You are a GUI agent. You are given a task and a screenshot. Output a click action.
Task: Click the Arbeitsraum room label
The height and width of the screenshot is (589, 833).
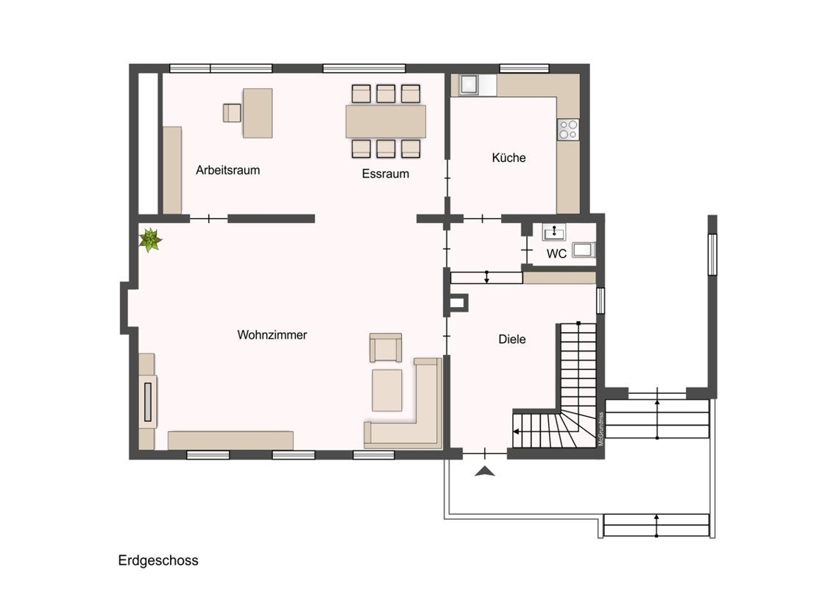(228, 170)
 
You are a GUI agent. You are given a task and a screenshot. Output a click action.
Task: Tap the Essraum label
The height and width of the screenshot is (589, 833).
(385, 173)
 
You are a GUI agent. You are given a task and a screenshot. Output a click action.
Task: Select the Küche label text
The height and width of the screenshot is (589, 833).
(508, 158)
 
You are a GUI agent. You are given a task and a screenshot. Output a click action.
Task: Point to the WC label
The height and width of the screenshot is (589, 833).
(556, 253)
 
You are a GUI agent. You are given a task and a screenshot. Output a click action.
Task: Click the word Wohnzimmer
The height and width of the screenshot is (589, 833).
(272, 335)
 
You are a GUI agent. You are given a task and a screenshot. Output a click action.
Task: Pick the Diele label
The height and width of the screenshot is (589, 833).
(512, 339)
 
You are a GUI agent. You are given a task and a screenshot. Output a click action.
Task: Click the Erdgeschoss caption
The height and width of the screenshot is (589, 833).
(158, 560)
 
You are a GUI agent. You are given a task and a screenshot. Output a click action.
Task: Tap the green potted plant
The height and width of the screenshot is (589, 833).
(150, 240)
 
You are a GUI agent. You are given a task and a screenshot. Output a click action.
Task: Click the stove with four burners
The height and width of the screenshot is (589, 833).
(568, 129)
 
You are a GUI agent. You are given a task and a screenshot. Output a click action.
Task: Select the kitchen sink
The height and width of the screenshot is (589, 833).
(469, 85)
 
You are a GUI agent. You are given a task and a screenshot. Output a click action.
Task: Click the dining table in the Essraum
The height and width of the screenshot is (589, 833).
(386, 121)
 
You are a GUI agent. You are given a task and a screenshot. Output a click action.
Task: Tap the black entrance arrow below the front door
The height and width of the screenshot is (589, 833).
(484, 471)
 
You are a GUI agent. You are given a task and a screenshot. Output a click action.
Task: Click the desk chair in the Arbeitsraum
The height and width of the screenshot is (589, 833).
(232, 113)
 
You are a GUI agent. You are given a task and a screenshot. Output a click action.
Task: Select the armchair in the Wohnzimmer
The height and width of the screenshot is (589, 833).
(386, 348)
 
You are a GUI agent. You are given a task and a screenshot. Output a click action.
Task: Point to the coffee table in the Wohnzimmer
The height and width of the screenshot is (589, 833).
(387, 391)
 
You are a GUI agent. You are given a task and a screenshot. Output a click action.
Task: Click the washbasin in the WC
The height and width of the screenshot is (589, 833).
(554, 232)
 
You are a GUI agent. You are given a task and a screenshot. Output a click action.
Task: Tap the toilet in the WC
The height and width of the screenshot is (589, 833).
(584, 250)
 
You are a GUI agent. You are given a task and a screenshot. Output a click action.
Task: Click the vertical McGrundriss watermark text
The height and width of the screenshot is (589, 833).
(601, 428)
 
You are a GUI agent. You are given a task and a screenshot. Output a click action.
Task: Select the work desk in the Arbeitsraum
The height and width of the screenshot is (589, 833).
(258, 113)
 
